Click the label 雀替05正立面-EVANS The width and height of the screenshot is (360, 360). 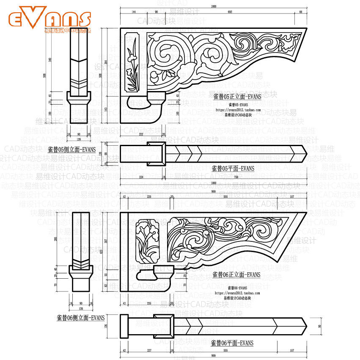click(x=237, y=97)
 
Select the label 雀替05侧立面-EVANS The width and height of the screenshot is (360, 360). click(x=71, y=149)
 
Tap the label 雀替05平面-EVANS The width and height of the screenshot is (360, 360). click(x=233, y=168)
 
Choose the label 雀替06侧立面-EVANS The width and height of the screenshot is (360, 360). click(x=80, y=318)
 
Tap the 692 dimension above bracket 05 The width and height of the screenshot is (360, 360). click(x=230, y=12)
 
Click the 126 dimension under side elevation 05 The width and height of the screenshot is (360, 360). click(x=78, y=138)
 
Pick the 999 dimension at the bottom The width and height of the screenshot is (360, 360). click(x=213, y=354)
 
